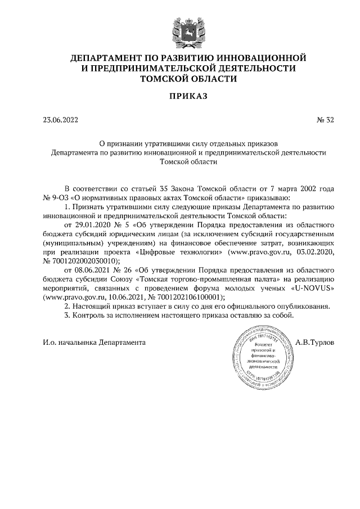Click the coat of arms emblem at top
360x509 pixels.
[x=180, y=29]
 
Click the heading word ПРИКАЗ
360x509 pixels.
[x=180, y=96]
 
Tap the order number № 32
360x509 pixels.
[x=326, y=119]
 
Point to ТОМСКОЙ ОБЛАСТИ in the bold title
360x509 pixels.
[x=180, y=79]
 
